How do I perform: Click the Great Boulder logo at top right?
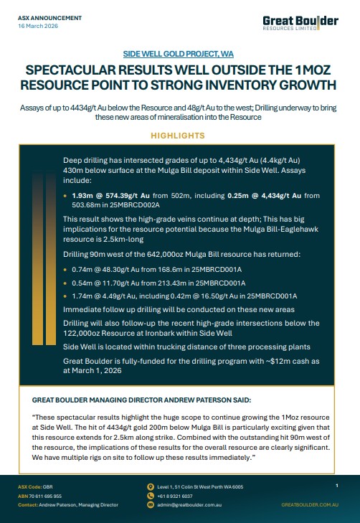(x=309, y=23)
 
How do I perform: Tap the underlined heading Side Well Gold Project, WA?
(x=180, y=54)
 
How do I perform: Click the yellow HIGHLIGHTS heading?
(x=180, y=135)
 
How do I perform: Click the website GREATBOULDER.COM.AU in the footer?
(x=309, y=504)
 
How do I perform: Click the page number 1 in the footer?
(x=336, y=486)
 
